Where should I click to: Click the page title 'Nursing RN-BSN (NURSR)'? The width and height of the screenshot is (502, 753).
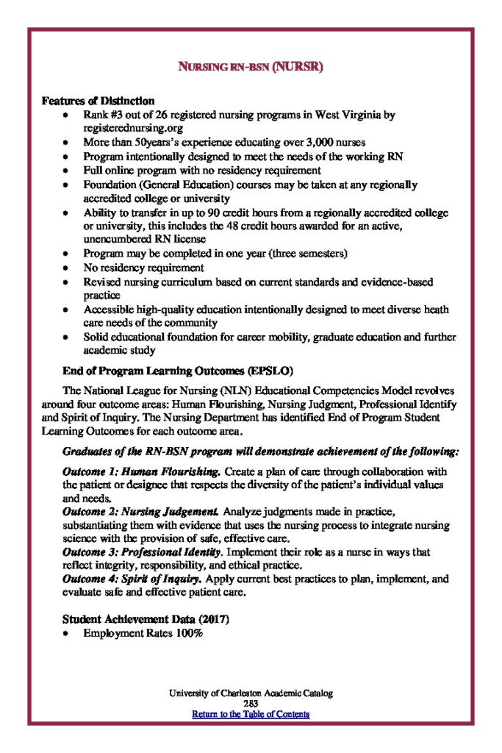[251, 67]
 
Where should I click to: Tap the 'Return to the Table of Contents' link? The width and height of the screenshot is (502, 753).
[251, 713]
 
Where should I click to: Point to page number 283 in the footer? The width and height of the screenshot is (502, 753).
[251, 703]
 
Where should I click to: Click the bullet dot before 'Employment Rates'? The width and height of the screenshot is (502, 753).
[67, 634]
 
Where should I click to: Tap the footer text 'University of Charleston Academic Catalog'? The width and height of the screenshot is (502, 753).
[251, 693]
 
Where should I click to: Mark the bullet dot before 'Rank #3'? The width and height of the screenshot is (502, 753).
[67, 116]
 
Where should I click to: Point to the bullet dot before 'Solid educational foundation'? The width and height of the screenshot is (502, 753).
[67, 338]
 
